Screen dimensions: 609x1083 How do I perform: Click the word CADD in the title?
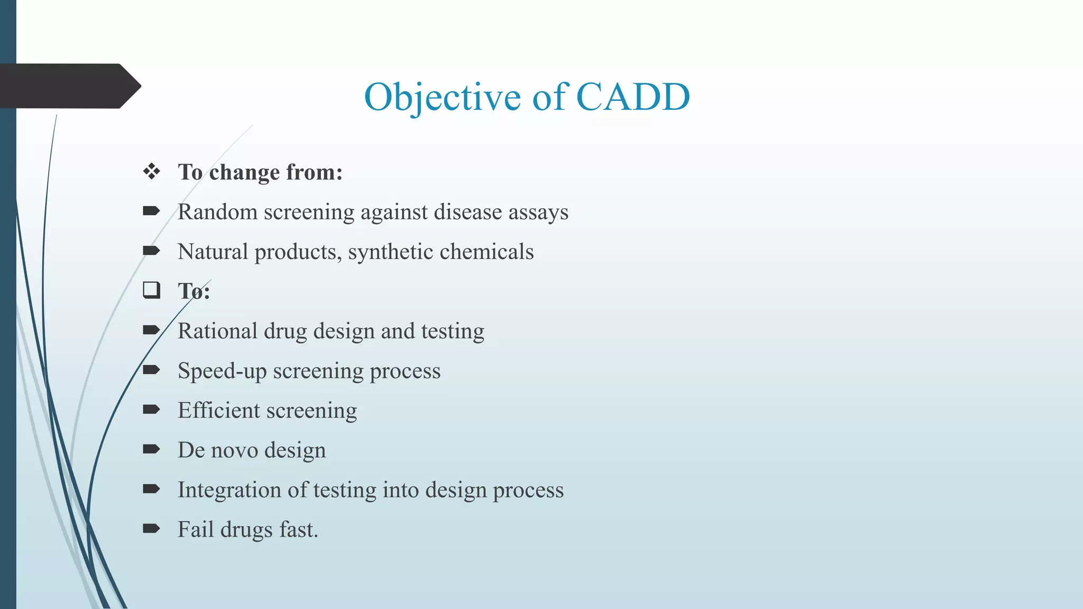click(x=632, y=97)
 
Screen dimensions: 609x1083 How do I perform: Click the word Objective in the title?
click(x=442, y=97)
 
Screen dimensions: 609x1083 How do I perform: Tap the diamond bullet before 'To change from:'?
click(x=152, y=171)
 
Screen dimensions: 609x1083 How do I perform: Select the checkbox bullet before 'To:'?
click(x=152, y=290)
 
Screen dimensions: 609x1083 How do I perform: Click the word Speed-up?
click(x=222, y=371)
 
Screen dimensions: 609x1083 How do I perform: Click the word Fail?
click(x=195, y=530)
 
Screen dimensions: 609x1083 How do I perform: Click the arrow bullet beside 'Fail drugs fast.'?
click(x=151, y=528)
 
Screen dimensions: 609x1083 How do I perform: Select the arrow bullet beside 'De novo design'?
click(x=151, y=449)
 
